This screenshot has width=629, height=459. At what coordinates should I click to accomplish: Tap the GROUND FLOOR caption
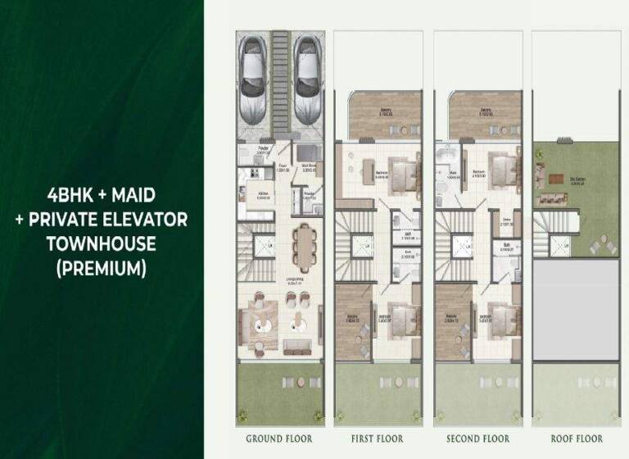coord(278,439)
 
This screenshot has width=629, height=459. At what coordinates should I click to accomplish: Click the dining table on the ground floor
coord(305,247)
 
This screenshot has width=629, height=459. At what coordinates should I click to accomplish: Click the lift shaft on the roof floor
coord(560,243)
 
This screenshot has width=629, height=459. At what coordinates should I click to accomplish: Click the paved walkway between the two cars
coord(279,82)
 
